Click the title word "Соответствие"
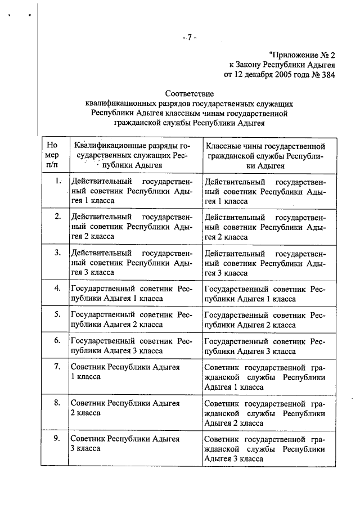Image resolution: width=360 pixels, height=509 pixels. point(189,93)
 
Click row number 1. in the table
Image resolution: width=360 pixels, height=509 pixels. point(57,181)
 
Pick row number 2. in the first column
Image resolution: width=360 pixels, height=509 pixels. point(57,217)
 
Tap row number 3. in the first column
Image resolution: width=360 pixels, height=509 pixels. point(57,252)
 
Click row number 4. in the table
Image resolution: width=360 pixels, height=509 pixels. point(57,288)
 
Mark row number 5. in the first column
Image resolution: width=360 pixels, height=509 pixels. point(57,314)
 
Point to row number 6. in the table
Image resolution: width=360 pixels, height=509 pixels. point(57,340)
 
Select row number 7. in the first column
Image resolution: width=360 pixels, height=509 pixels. point(57,367)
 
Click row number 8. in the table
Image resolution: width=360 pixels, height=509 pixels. point(57,403)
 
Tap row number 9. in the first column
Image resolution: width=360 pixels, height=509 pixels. point(57,438)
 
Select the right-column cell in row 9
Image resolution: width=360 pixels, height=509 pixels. point(264,448)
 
